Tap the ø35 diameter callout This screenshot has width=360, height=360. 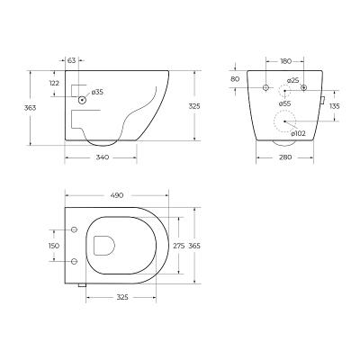tap(98, 92)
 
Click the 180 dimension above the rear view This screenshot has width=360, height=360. tap(285, 62)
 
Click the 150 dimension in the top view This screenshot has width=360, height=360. tap(53, 245)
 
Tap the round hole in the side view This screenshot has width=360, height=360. tap(82, 100)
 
